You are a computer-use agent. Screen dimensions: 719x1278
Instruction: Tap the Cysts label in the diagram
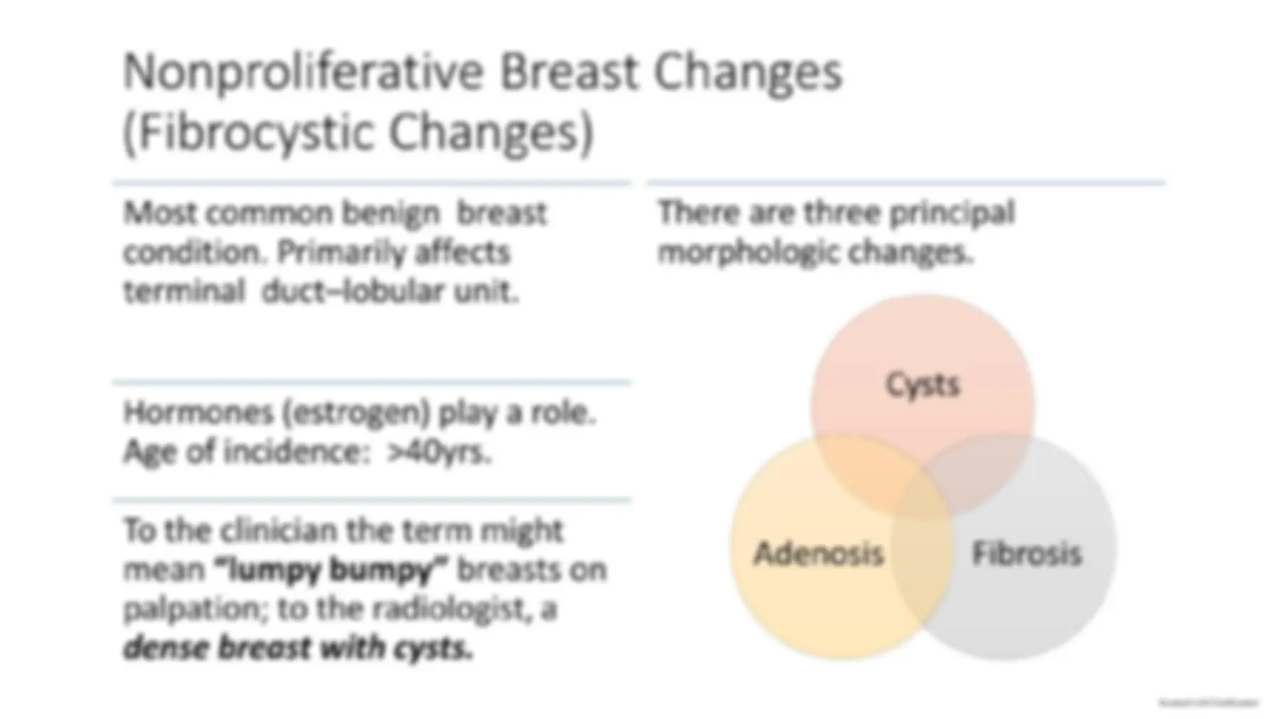tap(922, 385)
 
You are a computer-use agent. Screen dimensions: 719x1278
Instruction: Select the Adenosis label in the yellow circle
tap(818, 553)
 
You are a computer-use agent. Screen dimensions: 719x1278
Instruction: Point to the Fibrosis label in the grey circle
tap(1026, 553)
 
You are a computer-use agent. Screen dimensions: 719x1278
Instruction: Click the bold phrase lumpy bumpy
tap(331, 570)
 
